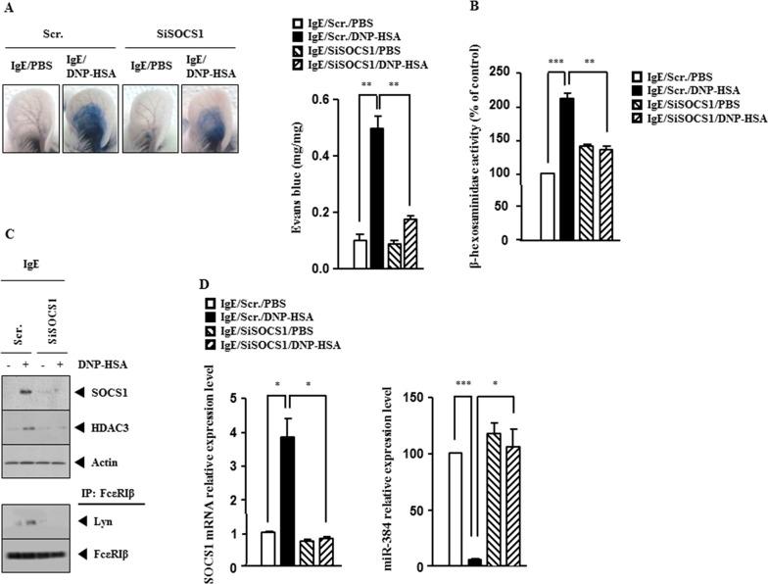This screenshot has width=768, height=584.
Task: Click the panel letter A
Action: pyautogui.click(x=8, y=8)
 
